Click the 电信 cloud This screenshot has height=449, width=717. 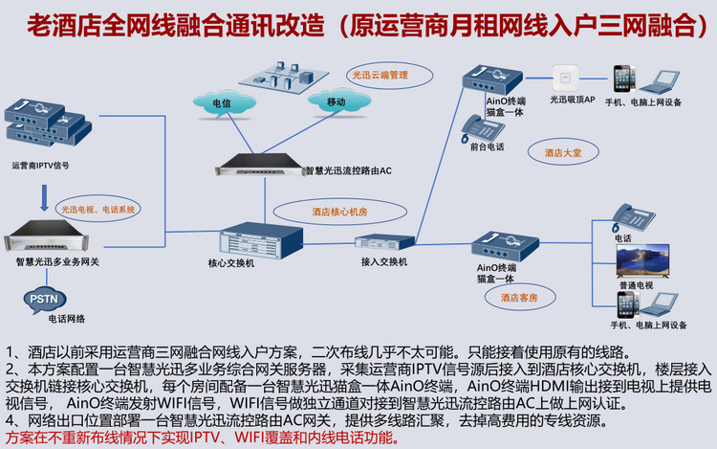click(222, 101)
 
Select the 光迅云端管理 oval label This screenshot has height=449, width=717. click(380, 75)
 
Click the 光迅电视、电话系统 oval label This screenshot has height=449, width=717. click(99, 207)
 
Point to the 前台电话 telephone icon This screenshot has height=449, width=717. click(478, 126)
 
